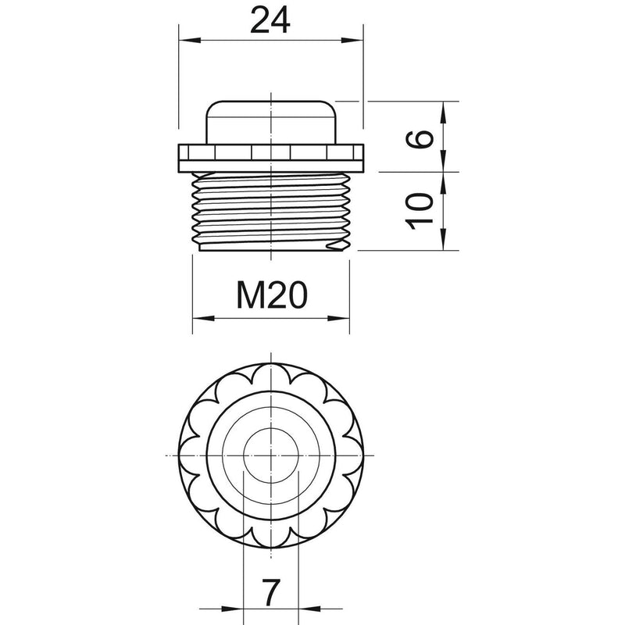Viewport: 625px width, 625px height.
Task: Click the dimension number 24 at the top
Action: [270, 21]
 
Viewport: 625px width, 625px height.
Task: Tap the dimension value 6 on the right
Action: [420, 139]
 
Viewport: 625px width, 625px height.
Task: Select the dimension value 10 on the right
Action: [420, 211]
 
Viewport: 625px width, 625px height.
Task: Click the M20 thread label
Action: [272, 295]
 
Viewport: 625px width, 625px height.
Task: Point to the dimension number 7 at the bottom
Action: [271, 592]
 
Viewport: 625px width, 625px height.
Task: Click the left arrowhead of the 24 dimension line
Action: [189, 40]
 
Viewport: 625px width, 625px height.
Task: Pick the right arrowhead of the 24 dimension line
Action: [353, 40]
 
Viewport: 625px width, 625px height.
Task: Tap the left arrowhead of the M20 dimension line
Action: [203, 318]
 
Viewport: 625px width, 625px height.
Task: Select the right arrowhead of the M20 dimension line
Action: [339, 318]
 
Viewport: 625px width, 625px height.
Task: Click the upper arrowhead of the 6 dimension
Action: [443, 112]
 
